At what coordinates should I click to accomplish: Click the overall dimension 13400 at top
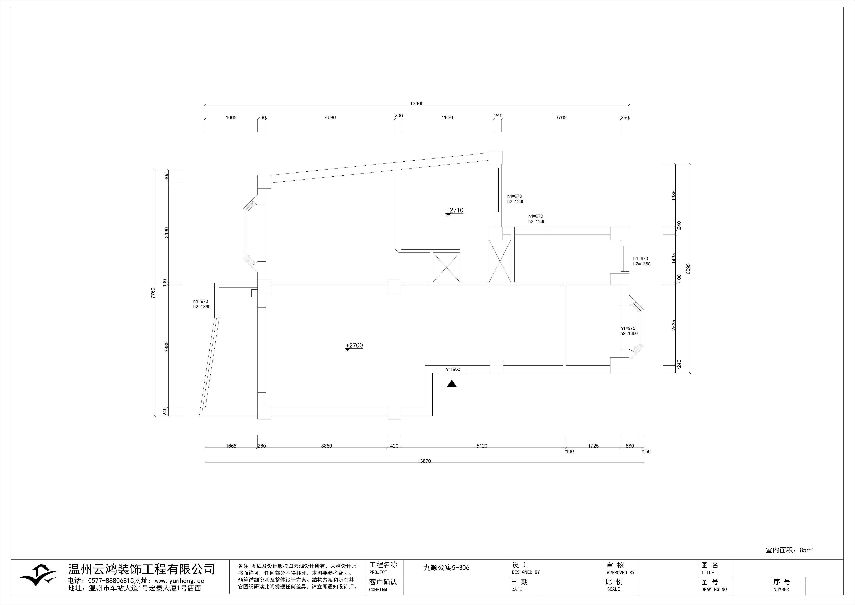click(x=417, y=104)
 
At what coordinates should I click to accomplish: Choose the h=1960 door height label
click(x=452, y=370)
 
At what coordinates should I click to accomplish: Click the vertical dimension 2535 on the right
click(x=673, y=325)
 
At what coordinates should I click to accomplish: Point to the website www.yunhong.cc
click(x=179, y=581)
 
